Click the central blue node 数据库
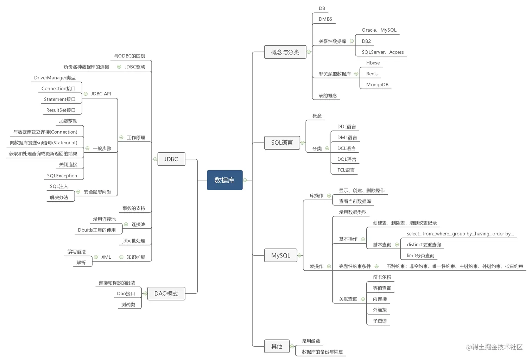point(224,180)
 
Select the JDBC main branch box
point(171,159)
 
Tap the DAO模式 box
point(166,293)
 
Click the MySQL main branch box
point(280,255)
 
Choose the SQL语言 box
point(282,143)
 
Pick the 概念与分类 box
point(285,52)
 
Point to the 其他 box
point(277,347)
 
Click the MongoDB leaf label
point(377,85)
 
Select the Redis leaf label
point(372,74)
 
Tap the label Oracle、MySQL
point(379,30)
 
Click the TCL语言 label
point(346,170)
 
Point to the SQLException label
point(62,176)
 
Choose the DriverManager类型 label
point(55,78)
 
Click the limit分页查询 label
point(420,256)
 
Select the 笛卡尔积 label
point(382,277)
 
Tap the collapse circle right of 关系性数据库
point(351,41)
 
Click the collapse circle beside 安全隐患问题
point(78,192)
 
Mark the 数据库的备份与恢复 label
point(322,352)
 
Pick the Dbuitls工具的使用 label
point(97,230)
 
